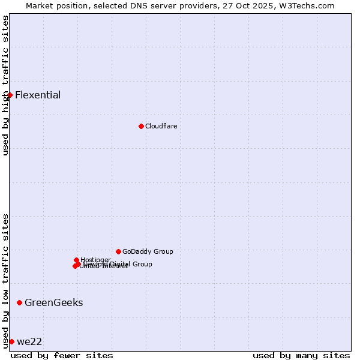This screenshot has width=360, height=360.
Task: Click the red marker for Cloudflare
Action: [x=141, y=126]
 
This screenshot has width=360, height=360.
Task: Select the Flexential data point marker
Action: [x=10, y=95]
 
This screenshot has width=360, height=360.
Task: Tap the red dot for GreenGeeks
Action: [x=19, y=302]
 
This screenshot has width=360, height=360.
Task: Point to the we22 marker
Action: [x=11, y=341]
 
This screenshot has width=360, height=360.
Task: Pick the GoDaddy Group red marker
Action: [x=118, y=251]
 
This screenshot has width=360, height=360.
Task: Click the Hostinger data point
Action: [x=76, y=260]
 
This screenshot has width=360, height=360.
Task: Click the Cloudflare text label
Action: [x=161, y=126]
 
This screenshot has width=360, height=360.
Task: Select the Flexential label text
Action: [x=38, y=95]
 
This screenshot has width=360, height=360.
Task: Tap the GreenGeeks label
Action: [x=53, y=302]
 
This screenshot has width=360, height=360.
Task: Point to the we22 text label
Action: [x=29, y=341]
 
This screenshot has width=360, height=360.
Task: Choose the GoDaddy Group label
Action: [x=148, y=251]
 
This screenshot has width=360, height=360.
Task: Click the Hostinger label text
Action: [x=95, y=260]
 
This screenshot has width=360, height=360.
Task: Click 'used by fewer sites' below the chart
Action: [x=62, y=355]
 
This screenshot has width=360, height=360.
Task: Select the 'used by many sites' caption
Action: [x=301, y=355]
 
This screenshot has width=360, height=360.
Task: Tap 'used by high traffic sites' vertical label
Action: [x=5, y=85]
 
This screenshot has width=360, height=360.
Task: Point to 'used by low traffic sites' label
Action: [x=5, y=281]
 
